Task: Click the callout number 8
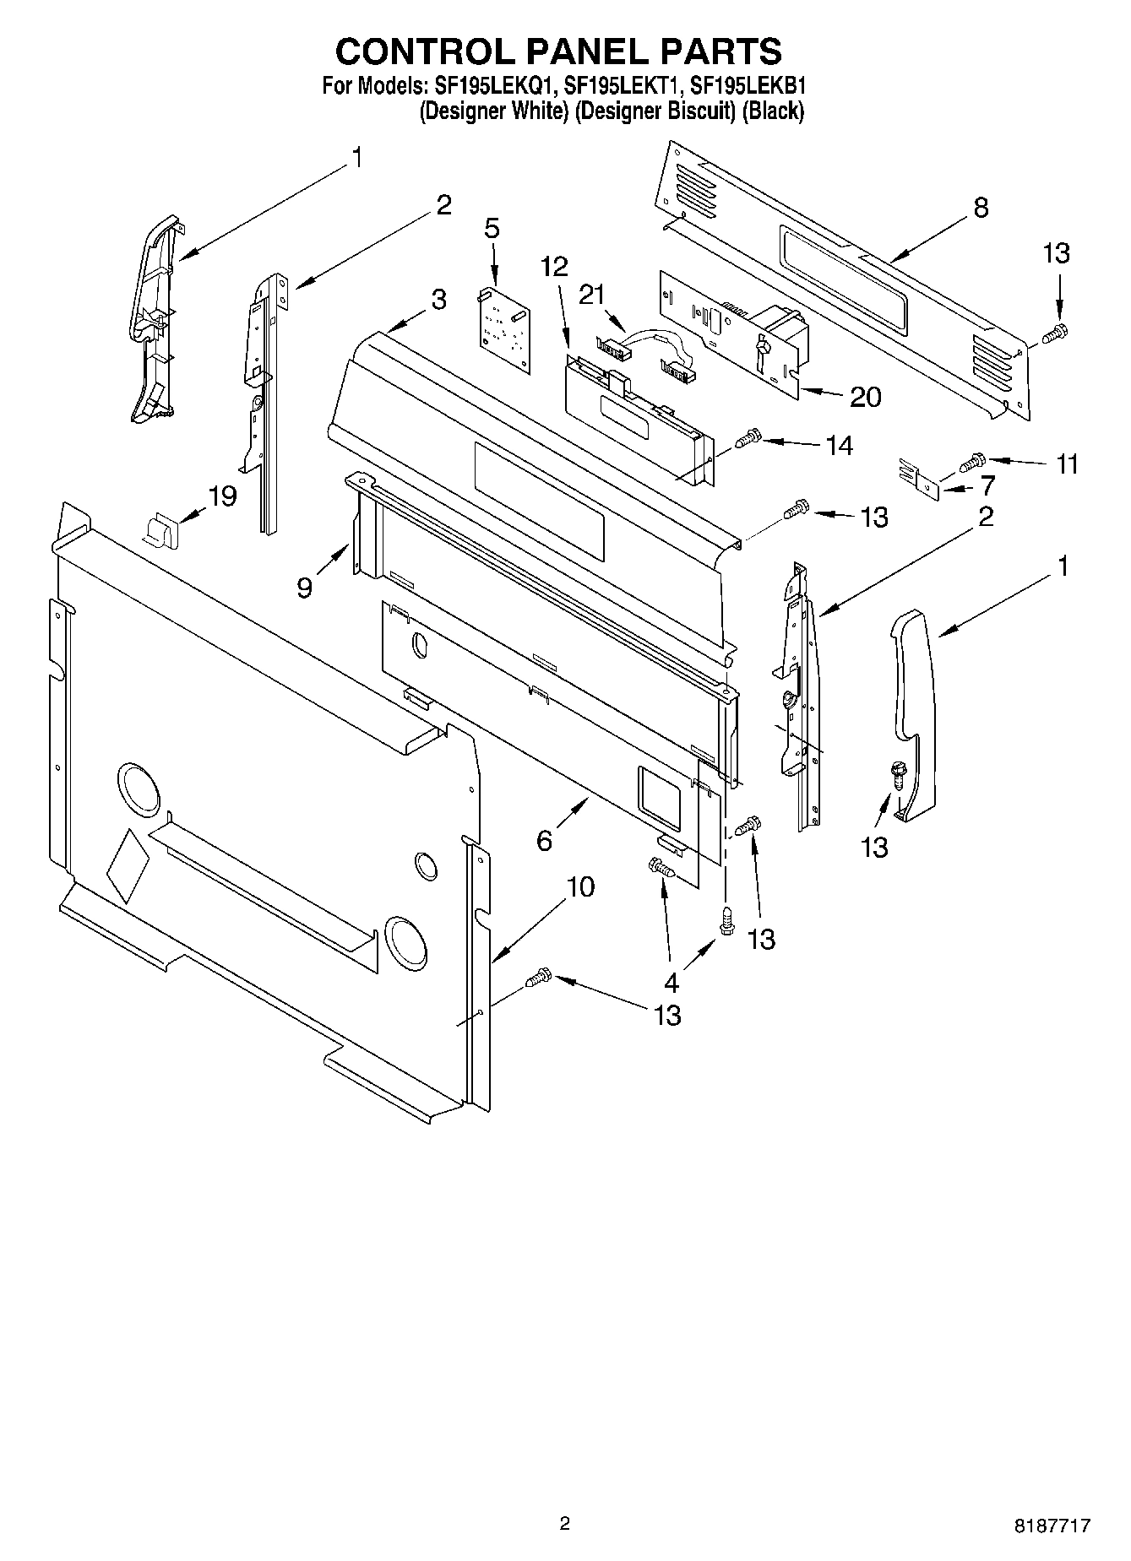[980, 208]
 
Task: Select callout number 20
[865, 396]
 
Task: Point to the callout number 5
[492, 228]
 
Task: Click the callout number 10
[580, 886]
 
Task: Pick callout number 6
[544, 840]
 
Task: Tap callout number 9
[304, 586]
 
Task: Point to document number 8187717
[1052, 1526]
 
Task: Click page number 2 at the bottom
[564, 1523]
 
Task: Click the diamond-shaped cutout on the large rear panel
[128, 867]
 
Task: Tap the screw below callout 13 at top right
[1055, 334]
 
